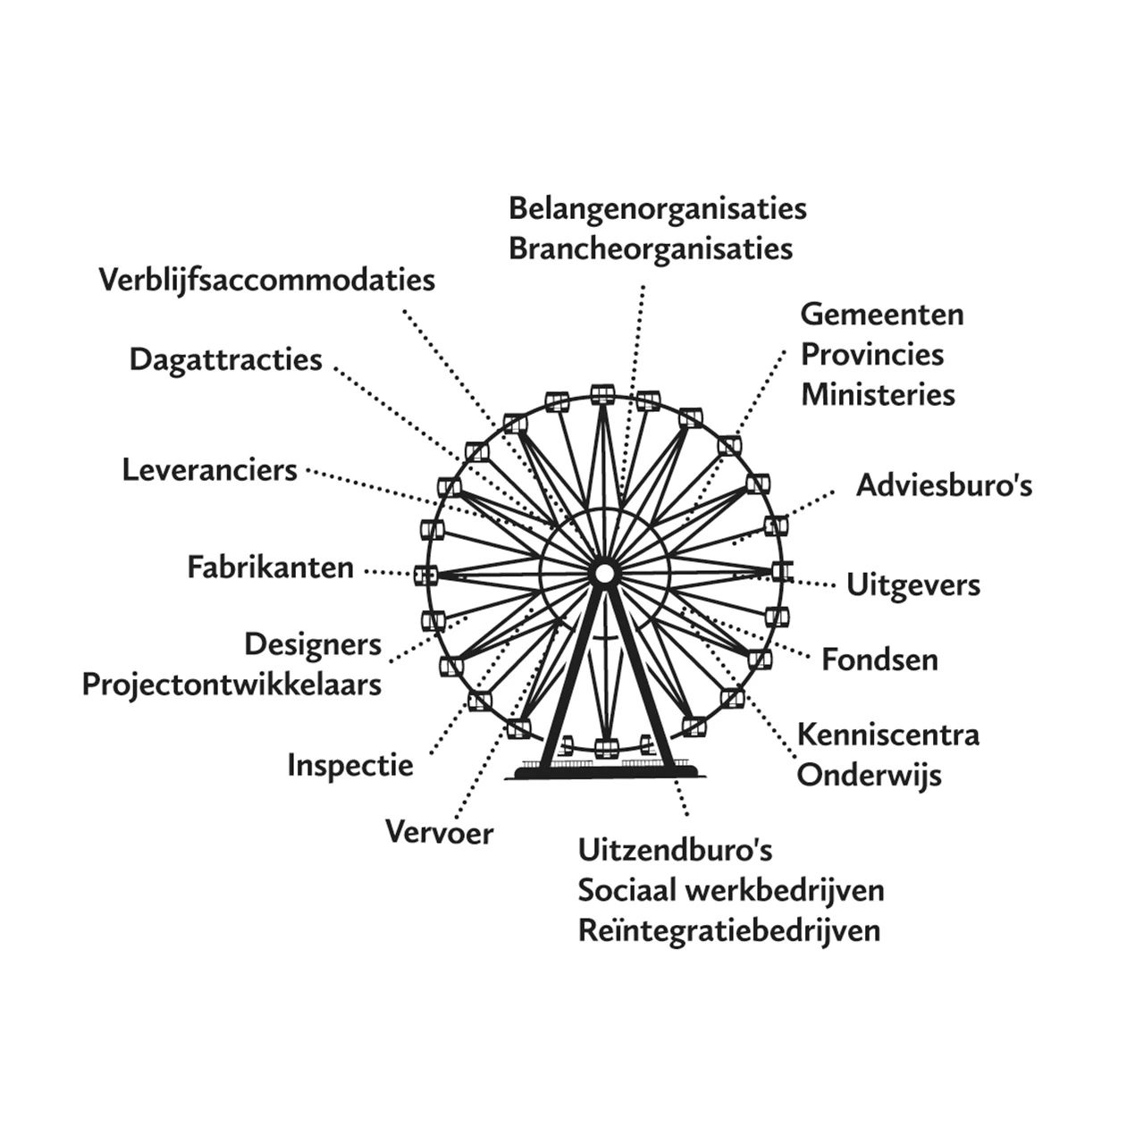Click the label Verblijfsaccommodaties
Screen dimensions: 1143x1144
click(266, 280)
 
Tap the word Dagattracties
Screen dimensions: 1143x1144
click(225, 359)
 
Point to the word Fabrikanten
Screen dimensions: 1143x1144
click(270, 567)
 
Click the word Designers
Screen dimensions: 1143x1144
click(312, 644)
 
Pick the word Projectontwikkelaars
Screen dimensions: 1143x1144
click(231, 685)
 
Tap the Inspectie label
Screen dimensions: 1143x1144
click(349, 765)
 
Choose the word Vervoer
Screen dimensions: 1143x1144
click(439, 833)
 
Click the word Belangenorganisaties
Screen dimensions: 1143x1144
click(657, 208)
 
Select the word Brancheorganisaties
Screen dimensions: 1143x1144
click(650, 248)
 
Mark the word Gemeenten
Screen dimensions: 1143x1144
click(881, 315)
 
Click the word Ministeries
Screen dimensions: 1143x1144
click(877, 394)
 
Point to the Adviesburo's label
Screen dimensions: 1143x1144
click(944, 485)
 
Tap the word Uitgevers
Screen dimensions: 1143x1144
click(913, 585)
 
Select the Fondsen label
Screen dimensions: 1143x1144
click(879, 660)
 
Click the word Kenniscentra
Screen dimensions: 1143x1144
click(887, 735)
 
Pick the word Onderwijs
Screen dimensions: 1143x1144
click(868, 775)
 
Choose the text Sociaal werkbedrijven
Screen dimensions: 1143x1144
click(730, 890)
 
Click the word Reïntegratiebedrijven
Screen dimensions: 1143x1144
click(728, 930)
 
